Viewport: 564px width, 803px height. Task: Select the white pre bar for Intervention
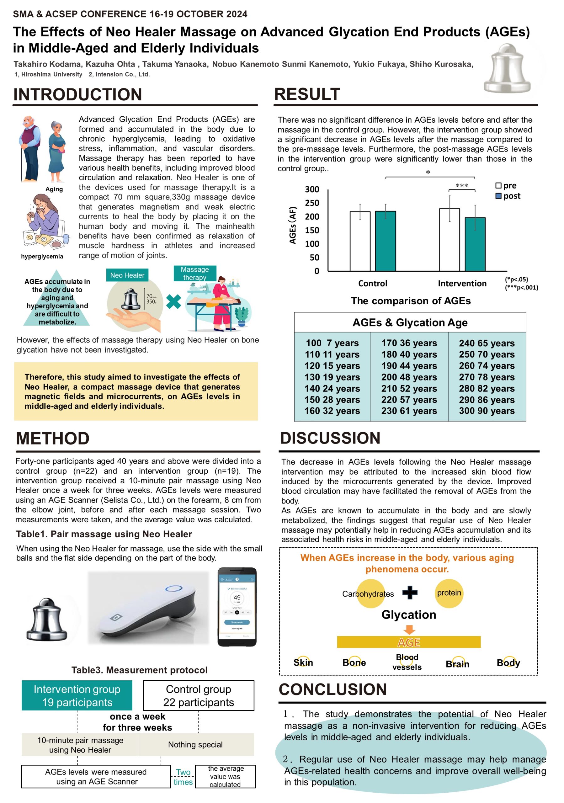click(449, 240)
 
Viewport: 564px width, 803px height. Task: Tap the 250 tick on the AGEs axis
click(312, 203)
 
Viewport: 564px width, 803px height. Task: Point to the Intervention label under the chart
click(462, 283)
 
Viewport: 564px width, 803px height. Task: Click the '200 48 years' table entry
click(409, 377)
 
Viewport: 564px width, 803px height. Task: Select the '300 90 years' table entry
click(487, 411)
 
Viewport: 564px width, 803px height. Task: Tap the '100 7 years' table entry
click(332, 343)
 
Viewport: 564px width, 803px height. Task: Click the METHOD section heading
click(53, 439)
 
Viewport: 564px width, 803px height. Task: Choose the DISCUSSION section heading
click(330, 438)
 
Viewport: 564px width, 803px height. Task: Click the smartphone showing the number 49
click(237, 607)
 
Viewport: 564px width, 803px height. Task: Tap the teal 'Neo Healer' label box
click(127, 275)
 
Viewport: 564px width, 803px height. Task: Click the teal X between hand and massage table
click(173, 301)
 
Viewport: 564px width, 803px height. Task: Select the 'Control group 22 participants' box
click(199, 695)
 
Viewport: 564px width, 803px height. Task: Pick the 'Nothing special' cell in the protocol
click(195, 745)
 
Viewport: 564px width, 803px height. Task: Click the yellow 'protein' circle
click(449, 593)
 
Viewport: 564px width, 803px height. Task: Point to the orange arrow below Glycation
click(409, 630)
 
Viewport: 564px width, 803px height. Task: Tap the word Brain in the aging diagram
click(457, 664)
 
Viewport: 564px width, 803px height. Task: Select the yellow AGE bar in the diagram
click(409, 642)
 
